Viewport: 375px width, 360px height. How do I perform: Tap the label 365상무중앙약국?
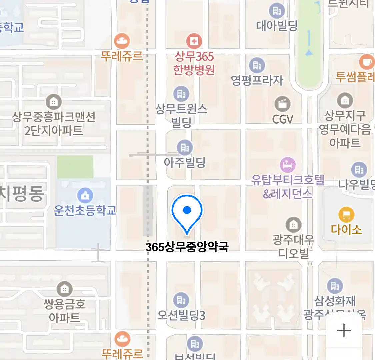pyautogui.click(x=187, y=247)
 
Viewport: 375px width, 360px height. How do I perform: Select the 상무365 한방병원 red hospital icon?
pyautogui.click(x=194, y=41)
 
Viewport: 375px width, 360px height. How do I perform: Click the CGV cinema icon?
pyautogui.click(x=282, y=104)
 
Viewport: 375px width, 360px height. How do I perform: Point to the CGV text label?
pyautogui.click(x=282, y=119)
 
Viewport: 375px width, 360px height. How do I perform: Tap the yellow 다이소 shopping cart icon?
pyautogui.click(x=346, y=215)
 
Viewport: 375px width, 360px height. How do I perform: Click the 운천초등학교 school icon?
pyautogui.click(x=85, y=196)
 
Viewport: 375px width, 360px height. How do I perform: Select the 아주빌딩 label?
pyautogui.click(x=185, y=163)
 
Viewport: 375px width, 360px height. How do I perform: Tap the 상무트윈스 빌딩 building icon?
pyautogui.click(x=181, y=94)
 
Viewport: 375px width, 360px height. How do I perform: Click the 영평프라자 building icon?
pyautogui.click(x=257, y=65)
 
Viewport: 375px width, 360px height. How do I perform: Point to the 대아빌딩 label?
pyautogui.click(x=277, y=26)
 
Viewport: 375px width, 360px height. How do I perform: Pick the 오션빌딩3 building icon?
pyautogui.click(x=181, y=300)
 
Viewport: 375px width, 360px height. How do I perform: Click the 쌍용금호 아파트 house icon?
pyautogui.click(x=64, y=289)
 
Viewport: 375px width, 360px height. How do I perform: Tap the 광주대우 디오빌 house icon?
pyautogui.click(x=293, y=225)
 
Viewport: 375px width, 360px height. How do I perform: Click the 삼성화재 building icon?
pyautogui.click(x=335, y=286)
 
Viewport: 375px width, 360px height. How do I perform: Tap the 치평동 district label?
pyautogui.click(x=22, y=194)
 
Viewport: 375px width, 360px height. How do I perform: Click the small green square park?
pyautogui.click(x=75, y=167)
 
